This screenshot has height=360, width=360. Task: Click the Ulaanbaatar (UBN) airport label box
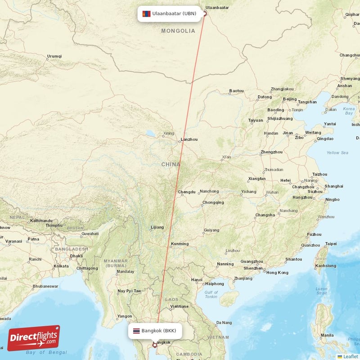pyautogui.click(x=169, y=13)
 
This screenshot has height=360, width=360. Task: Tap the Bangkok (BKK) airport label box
pyautogui.click(x=155, y=331)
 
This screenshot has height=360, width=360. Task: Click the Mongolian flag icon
pyautogui.click(x=146, y=13)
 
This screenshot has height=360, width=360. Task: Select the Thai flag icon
pyautogui.click(x=135, y=331)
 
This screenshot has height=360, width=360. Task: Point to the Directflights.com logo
pyautogui.click(x=34, y=338)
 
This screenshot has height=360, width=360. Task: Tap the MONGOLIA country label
pyautogui.click(x=178, y=31)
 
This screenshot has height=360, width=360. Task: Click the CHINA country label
pyautogui.click(x=171, y=165)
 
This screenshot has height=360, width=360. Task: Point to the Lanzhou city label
pyautogui.click(x=189, y=139)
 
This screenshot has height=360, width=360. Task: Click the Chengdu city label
pyautogui.click(x=187, y=192)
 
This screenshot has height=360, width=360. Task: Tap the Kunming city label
pyautogui.click(x=180, y=244)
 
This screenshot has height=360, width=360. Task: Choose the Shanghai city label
pyautogui.click(x=333, y=186)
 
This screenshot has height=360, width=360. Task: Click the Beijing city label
pyautogui.click(x=290, y=99)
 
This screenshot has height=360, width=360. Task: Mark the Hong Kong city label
pyautogui.click(x=277, y=273)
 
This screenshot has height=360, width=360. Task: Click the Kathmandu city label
pyautogui.click(x=41, y=221)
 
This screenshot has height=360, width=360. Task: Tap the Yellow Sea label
pyautogui.click(x=337, y=153)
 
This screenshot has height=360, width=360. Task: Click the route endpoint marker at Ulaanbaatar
pyautogui.click(x=205, y=13)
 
